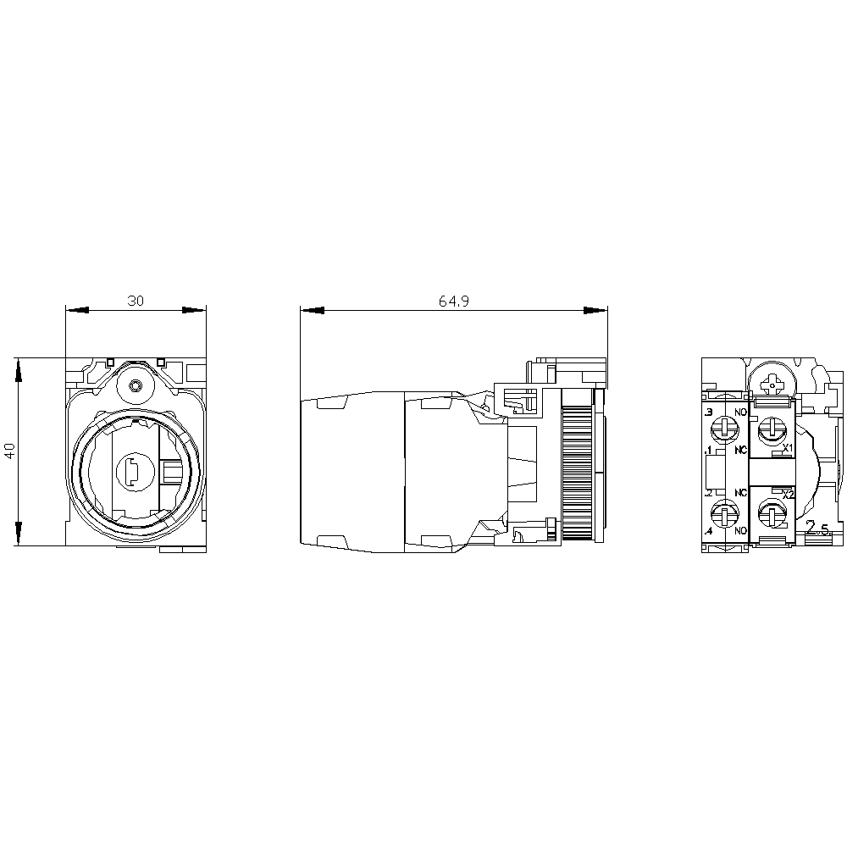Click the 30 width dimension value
(x=136, y=301)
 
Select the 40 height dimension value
(x=9, y=450)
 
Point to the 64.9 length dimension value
(x=453, y=301)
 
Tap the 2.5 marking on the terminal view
(x=818, y=529)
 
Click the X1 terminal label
(x=787, y=447)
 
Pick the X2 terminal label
(x=788, y=494)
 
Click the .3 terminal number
(x=708, y=412)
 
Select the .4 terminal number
(x=708, y=531)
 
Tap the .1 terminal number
(x=708, y=449)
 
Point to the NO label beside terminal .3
(x=741, y=412)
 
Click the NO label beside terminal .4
(x=741, y=531)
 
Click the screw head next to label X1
(x=770, y=430)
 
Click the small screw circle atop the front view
(x=136, y=387)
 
